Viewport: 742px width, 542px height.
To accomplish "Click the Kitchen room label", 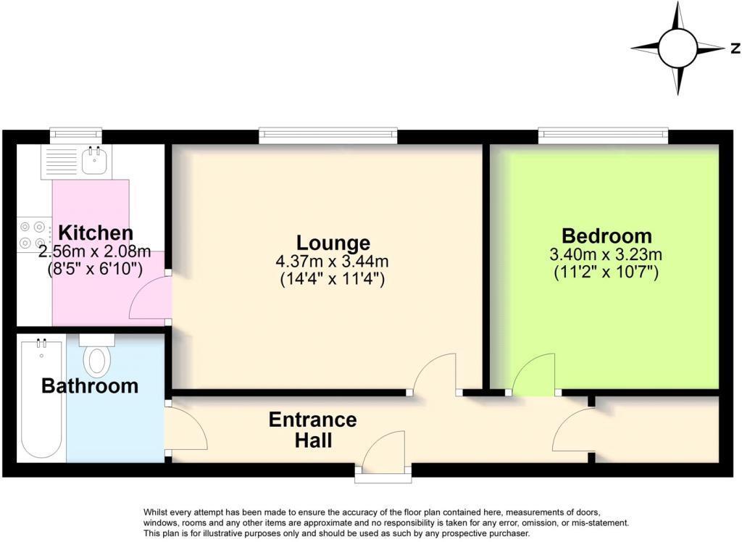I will click(96, 233).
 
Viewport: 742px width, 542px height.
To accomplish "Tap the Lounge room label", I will click(333, 243).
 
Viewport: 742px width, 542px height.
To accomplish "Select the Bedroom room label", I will click(606, 236).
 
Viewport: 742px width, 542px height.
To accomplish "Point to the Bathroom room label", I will click(90, 386).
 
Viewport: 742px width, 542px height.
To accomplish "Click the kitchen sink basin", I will click(92, 161).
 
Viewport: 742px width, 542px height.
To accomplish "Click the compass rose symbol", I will click(678, 49).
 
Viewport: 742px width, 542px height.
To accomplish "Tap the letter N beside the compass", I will click(735, 49).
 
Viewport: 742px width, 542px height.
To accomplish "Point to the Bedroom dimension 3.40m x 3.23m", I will click(606, 254).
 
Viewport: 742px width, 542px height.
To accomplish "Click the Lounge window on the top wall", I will click(328, 135).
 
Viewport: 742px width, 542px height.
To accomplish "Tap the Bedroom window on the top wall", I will click(603, 135).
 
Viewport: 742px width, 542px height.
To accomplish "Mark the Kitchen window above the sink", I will click(75, 135).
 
